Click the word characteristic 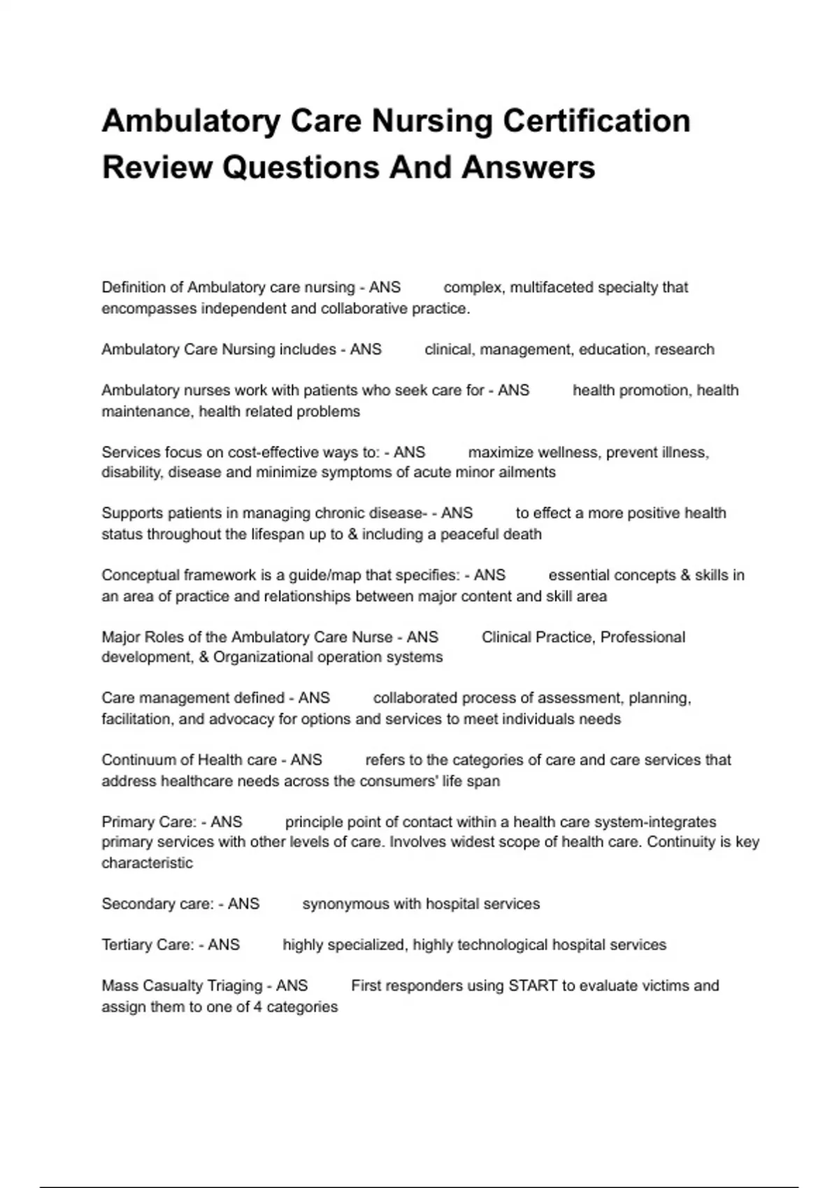[147, 863]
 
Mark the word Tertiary [127, 945]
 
